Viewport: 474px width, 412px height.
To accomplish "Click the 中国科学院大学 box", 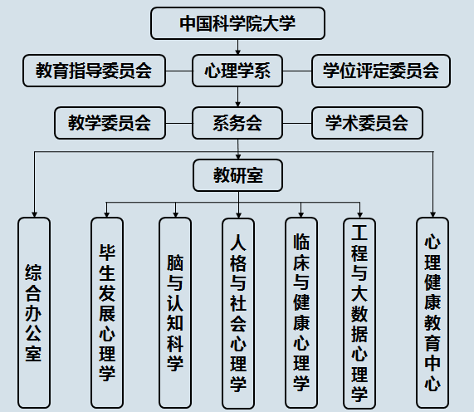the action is [237, 23].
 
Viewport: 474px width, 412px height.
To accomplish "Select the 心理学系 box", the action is [237, 71].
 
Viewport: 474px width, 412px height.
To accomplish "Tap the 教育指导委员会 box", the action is [94, 71].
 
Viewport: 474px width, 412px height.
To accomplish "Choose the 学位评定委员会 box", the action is [381, 71].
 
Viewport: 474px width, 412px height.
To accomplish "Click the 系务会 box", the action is [237, 123].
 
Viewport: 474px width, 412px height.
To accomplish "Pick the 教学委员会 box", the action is [110, 123].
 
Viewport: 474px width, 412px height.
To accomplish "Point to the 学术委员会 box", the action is [367, 123].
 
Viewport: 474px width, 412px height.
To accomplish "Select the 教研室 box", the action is [238, 175].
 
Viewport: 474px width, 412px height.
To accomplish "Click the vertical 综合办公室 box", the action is [34, 312].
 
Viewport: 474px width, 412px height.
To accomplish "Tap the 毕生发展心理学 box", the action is [107, 312].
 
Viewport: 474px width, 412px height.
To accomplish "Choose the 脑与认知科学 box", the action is [175, 312].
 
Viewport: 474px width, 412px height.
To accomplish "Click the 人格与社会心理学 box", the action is [238, 313].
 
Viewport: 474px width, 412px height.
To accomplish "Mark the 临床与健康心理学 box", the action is [301, 312].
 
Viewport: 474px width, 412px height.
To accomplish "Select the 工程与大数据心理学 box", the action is [359, 313].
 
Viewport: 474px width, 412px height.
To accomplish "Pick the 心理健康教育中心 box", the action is [432, 312].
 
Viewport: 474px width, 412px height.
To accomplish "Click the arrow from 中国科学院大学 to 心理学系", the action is [237, 47].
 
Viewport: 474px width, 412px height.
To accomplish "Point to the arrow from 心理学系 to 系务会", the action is [237, 97].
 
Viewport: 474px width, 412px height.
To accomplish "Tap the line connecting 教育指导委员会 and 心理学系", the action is [179, 71].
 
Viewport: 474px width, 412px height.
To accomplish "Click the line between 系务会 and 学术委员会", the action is [297, 123].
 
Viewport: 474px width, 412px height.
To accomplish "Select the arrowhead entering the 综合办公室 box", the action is [34, 214].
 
